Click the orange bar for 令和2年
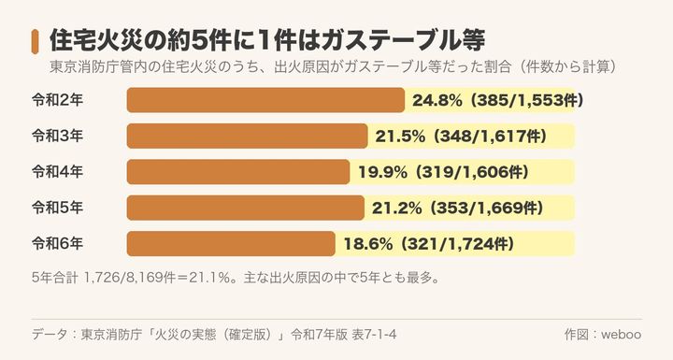pyautogui.click(x=265, y=100)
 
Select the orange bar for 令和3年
pyautogui.click(x=247, y=137)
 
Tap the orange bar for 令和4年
pyautogui.click(x=238, y=172)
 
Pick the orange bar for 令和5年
pyautogui.click(x=246, y=208)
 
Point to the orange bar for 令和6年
pyautogui.click(x=231, y=243)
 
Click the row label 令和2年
pyautogui.click(x=58, y=100)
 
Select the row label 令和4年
pyautogui.click(x=58, y=172)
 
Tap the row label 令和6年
pyautogui.click(x=58, y=243)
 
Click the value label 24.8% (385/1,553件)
pyautogui.click(x=498, y=101)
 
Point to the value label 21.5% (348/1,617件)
pyautogui.click(x=462, y=137)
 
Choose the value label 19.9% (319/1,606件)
pyautogui.click(x=443, y=172)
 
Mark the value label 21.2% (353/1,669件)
pyautogui.click(x=457, y=209)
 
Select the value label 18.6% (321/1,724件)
pyautogui.click(x=429, y=244)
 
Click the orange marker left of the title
pyautogui.click(x=35, y=42)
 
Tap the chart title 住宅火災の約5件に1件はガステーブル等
pyautogui.click(x=267, y=41)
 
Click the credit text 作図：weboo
pyautogui.click(x=603, y=335)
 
